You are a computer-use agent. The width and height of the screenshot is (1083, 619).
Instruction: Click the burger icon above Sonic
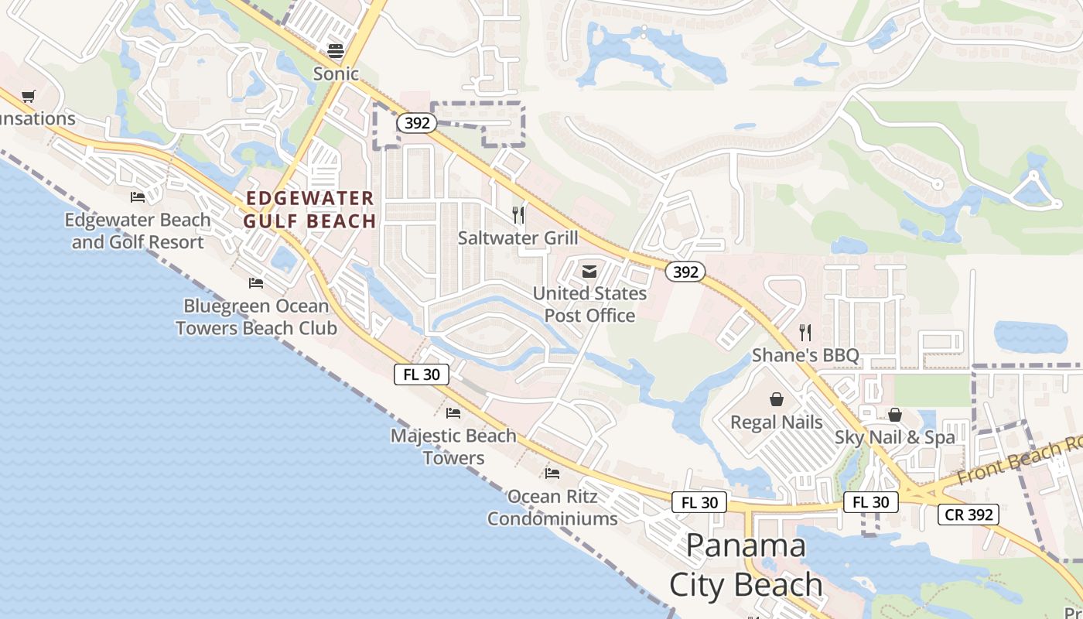point(336,51)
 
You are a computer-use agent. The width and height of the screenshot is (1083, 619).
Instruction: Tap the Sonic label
point(336,74)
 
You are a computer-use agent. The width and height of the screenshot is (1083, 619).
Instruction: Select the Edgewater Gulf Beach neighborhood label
point(309,210)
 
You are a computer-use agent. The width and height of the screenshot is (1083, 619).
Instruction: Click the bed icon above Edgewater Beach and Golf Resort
point(138,197)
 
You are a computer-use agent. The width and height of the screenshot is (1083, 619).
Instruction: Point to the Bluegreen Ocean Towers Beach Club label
point(256,317)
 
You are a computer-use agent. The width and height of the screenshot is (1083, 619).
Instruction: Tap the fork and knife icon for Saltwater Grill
point(518,214)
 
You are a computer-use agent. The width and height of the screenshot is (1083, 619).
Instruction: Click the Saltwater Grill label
point(518,238)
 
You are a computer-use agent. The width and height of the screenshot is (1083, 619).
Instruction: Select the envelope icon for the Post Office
point(589,271)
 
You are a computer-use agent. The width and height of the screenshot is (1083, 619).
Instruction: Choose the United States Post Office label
point(589,304)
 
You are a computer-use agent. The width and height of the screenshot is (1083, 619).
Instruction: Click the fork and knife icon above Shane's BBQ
point(805,333)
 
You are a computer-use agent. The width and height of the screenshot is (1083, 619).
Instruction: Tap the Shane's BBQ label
point(805,355)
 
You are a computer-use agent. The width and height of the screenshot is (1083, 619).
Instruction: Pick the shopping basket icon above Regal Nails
point(776,399)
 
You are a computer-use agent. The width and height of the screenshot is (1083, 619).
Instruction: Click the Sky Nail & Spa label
point(894,437)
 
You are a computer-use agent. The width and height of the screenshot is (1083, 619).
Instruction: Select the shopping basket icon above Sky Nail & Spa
point(894,415)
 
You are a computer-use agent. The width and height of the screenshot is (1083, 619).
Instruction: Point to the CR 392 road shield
point(969,515)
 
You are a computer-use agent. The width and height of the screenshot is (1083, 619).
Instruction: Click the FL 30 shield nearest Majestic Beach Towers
point(421,374)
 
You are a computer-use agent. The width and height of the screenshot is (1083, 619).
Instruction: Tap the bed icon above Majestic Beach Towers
point(453,412)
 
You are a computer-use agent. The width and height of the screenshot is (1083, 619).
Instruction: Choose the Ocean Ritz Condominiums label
point(552,507)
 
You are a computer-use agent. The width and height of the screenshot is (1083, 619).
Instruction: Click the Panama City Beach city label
point(746,565)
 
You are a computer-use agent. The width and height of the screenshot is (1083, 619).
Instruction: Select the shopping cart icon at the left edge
point(29,96)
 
